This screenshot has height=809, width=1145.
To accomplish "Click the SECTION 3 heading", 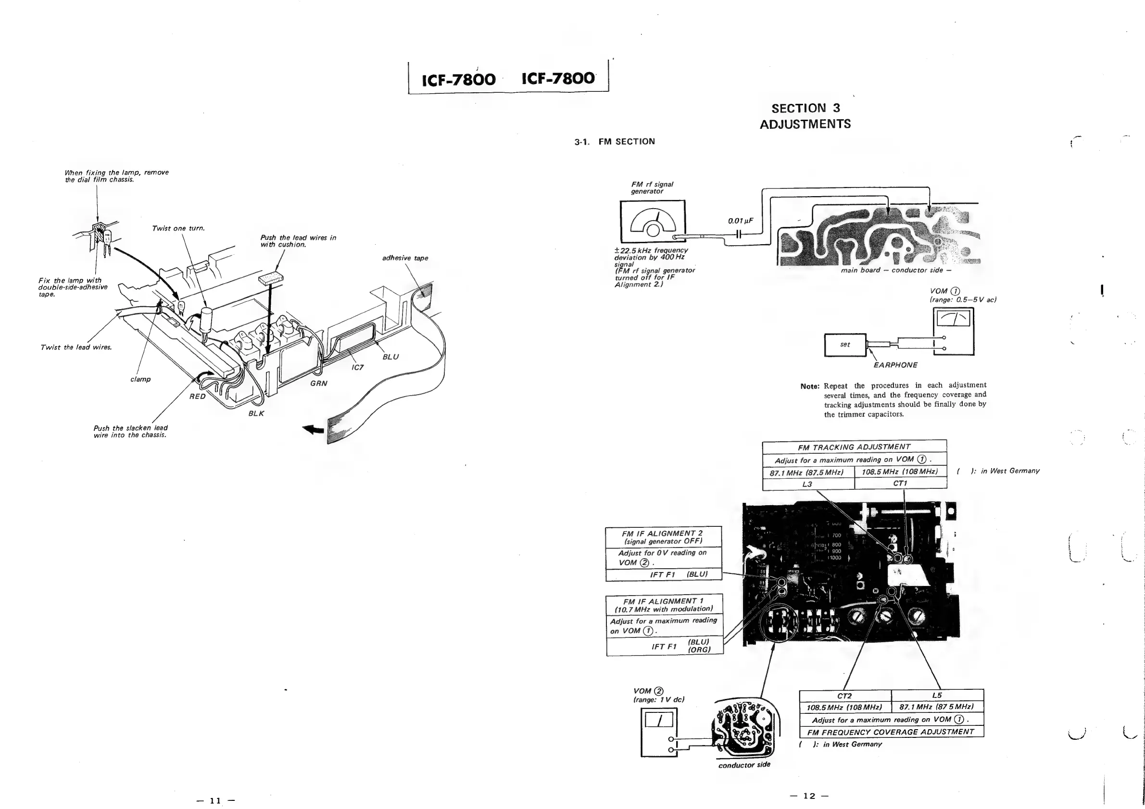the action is pyautogui.click(x=805, y=108).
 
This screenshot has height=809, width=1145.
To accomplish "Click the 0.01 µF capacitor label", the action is pyautogui.click(x=740, y=221).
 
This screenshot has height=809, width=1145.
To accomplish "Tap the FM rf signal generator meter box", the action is pyautogui.click(x=652, y=221).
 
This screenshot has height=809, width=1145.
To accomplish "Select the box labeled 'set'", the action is pyautogui.click(x=845, y=345).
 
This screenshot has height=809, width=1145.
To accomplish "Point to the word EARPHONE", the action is pyautogui.click(x=895, y=365).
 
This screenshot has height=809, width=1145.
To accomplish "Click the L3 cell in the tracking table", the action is pyautogui.click(x=807, y=484).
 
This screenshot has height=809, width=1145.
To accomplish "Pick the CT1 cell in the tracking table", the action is pyautogui.click(x=900, y=484).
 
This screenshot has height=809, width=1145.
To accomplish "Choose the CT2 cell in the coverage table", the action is pyautogui.click(x=844, y=696).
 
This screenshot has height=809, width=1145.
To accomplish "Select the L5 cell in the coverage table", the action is pyautogui.click(x=937, y=696).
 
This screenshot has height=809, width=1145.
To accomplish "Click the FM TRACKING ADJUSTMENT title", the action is pyautogui.click(x=854, y=447).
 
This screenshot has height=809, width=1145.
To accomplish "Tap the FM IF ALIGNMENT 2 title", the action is pyautogui.click(x=662, y=534).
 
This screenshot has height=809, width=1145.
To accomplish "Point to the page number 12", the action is pyautogui.click(x=809, y=796).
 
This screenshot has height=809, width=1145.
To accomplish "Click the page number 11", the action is pyautogui.click(x=215, y=801).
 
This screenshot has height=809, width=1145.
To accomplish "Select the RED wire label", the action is pyautogui.click(x=197, y=397).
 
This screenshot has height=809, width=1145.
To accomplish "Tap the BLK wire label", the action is pyautogui.click(x=256, y=413).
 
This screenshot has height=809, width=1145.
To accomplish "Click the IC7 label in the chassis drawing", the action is pyautogui.click(x=358, y=367).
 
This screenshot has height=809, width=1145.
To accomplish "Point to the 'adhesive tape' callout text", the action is pyautogui.click(x=405, y=258).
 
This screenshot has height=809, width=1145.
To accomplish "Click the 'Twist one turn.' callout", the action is pyautogui.click(x=178, y=228).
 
